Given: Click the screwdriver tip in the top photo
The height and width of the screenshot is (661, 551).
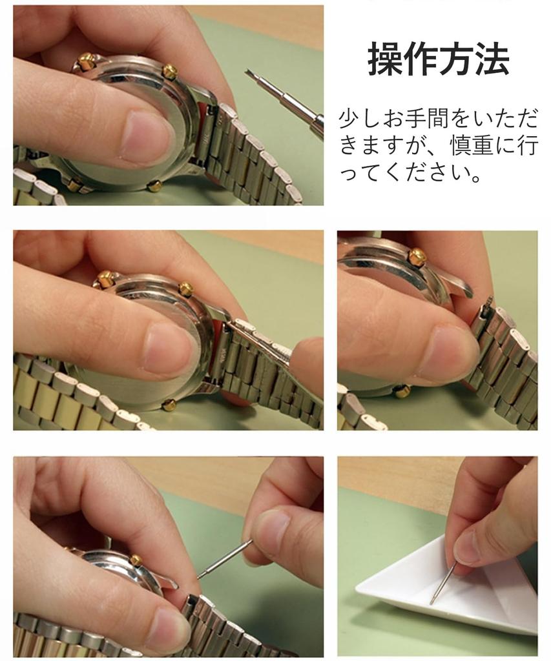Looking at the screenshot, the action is (247, 74).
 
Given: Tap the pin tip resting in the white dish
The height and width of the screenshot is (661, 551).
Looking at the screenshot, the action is (431, 602).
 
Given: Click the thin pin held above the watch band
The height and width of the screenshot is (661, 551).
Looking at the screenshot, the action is (224, 559).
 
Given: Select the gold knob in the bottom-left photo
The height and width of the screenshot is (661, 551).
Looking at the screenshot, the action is (136, 560).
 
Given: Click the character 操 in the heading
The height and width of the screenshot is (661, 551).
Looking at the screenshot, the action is (384, 60).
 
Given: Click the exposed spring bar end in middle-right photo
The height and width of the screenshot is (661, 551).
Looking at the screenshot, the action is (488, 302).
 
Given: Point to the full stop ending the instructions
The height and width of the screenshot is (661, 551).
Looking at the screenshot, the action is (476, 176).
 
